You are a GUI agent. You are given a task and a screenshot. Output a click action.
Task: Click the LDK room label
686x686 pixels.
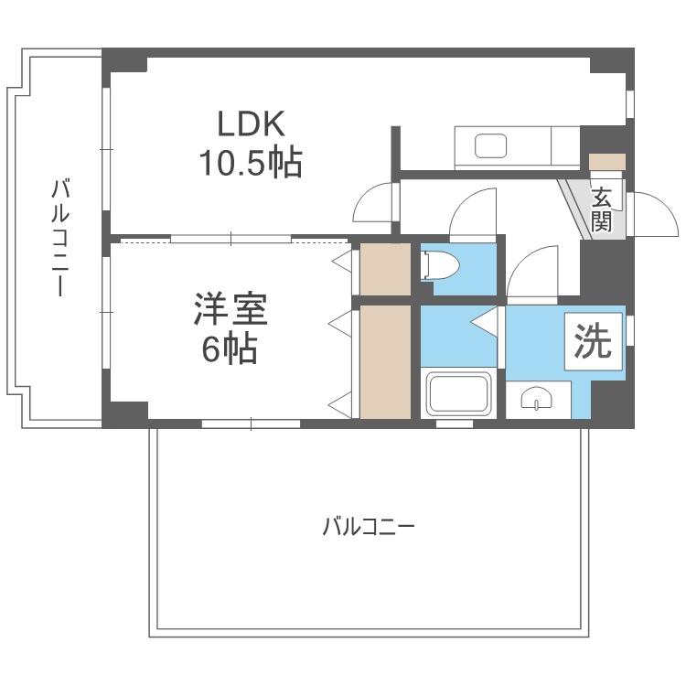(x=252, y=123)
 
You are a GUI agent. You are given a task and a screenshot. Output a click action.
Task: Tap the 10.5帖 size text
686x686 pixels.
(x=251, y=162)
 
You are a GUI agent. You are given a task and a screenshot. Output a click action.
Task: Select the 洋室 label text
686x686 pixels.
(x=230, y=310)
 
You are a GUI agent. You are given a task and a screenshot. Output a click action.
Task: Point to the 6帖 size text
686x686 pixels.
(x=230, y=349)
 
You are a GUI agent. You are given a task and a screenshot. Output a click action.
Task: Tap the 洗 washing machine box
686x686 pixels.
(x=593, y=342)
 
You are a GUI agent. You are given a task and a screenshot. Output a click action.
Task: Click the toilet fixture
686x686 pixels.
(x=439, y=265)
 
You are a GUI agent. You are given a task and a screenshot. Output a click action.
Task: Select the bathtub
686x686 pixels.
(x=459, y=393)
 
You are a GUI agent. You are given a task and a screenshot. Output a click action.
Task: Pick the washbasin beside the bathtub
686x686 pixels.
(x=536, y=399)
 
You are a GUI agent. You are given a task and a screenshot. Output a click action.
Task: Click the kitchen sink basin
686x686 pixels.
(x=490, y=146)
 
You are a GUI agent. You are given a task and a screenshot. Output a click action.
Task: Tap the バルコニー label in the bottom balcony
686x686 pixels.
(x=369, y=527)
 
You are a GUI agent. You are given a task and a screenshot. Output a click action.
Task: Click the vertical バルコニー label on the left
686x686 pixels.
(x=60, y=238)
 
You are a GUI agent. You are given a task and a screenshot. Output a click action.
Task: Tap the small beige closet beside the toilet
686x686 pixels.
(x=385, y=269)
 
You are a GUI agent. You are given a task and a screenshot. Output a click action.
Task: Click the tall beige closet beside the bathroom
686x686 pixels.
(x=385, y=361)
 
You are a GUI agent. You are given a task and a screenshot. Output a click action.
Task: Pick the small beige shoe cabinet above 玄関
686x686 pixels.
(x=607, y=161)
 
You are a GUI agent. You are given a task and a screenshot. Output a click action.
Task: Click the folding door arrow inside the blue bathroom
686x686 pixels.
(x=484, y=322)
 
